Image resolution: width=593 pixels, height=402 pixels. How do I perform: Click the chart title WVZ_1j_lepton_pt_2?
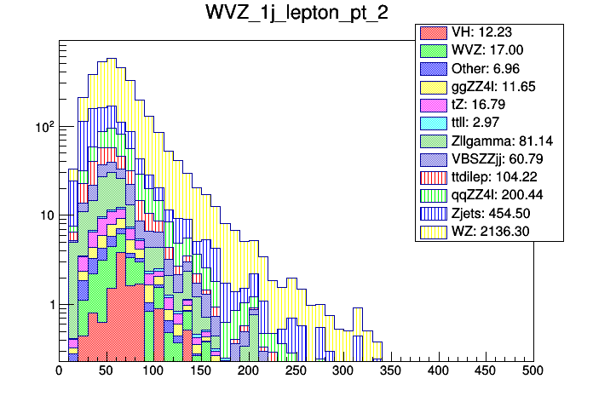click(296, 14)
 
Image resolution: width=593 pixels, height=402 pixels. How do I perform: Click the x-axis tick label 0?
click(59, 371)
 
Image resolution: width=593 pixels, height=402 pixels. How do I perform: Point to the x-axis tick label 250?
click(296, 371)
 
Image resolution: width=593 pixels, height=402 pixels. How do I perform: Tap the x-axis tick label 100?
click(153, 371)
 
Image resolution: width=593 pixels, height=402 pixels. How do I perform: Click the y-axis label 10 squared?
click(43, 126)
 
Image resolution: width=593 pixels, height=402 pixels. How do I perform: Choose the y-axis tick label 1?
click(49, 304)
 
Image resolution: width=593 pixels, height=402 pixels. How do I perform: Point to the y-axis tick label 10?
click(45, 215)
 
